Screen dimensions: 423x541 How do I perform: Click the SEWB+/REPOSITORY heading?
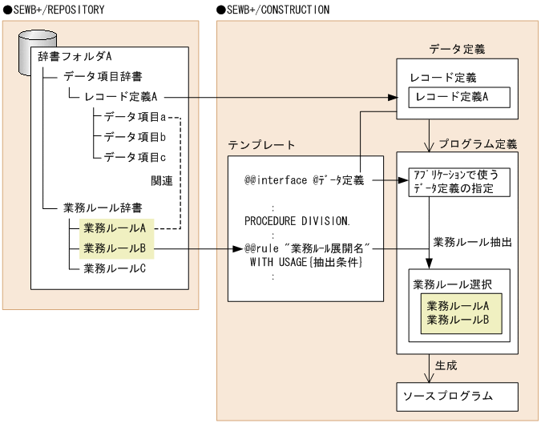(55, 9)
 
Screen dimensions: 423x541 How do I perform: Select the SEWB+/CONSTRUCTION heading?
(273, 9)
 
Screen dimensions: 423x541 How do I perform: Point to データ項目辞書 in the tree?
(103, 77)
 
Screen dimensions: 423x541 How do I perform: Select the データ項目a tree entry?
(135, 117)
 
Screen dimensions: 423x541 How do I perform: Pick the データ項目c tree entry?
(135, 156)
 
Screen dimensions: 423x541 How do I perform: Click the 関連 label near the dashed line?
(162, 180)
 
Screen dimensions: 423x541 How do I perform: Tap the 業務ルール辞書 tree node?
(103, 208)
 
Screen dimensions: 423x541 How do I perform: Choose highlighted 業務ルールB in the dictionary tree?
(115, 248)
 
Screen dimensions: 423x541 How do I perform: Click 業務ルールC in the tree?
(115, 268)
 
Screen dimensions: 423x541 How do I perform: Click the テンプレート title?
(261, 145)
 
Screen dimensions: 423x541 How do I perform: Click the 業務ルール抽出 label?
(472, 241)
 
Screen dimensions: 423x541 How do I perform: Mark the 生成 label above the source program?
(446, 365)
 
